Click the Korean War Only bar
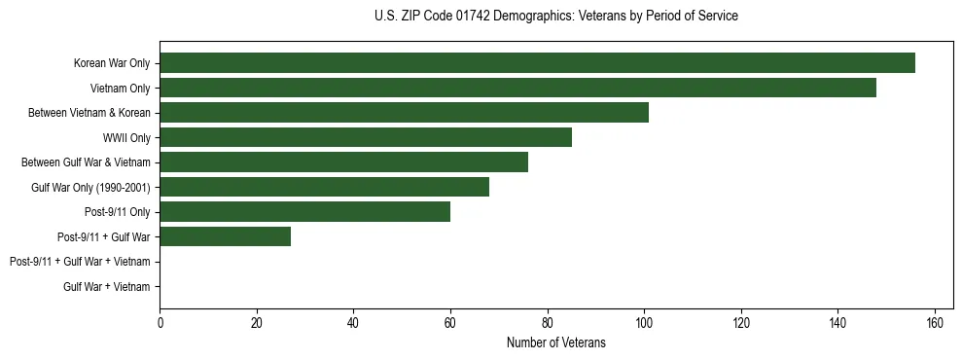[x=537, y=63]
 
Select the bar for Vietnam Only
[x=517, y=88]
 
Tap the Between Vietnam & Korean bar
[x=404, y=113]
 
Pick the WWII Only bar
[x=366, y=137]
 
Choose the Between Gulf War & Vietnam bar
[x=343, y=162]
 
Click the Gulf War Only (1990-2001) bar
[x=324, y=187]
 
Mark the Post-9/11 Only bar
[x=304, y=212]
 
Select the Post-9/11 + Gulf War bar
[x=225, y=236]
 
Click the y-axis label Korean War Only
[x=111, y=63]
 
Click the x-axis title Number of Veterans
[x=555, y=342]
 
